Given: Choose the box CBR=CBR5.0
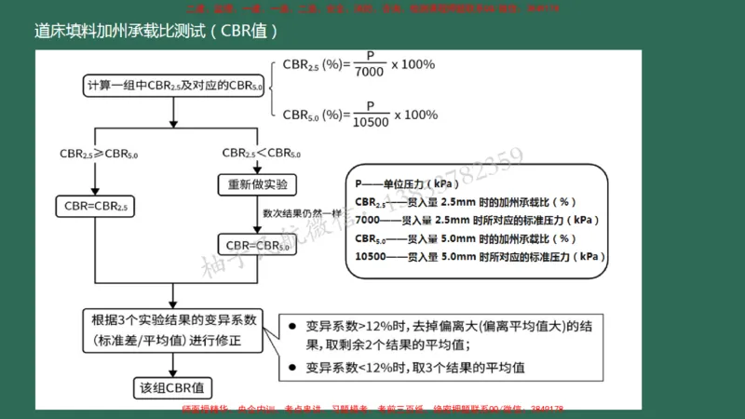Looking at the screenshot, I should coord(258,245).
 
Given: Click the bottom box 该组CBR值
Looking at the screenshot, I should coord(173,386).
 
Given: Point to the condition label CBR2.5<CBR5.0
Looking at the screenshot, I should coord(261,153).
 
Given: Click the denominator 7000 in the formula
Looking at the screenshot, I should coord(370,72).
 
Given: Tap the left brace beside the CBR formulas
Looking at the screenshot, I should coord(273,88).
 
